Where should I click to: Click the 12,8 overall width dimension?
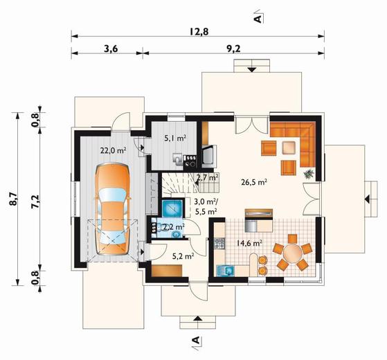[x=199, y=32]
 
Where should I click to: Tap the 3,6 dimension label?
[x=111, y=49]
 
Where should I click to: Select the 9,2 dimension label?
[x=233, y=49]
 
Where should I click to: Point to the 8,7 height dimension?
[x=13, y=199]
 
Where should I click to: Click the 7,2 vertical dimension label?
[x=35, y=201]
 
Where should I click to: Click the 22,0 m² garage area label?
[x=114, y=150]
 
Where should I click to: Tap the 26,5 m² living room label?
[x=254, y=182]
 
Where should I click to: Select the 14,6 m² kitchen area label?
[x=249, y=243]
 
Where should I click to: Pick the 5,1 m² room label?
[x=175, y=138]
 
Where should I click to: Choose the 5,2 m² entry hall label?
[x=183, y=257]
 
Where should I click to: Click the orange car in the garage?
[x=113, y=209]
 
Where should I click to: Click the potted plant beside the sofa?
[x=309, y=174]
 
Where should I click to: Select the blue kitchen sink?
[x=225, y=271]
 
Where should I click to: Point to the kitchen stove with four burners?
[x=219, y=243]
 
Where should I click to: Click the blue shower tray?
[x=172, y=209]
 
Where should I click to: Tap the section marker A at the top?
[x=258, y=17]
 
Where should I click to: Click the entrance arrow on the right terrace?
[x=367, y=199]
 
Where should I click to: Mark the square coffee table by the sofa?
[x=289, y=147]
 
